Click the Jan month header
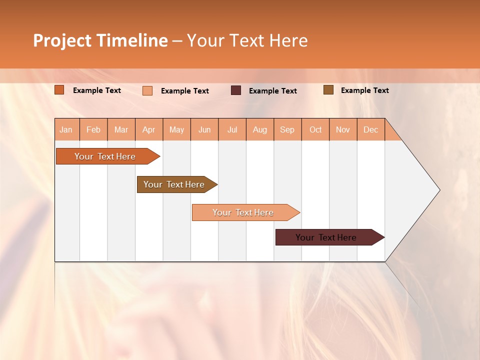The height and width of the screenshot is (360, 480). pos(66,130)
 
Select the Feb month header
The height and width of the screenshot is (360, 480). pos(93,130)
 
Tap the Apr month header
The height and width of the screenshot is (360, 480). pos(149,130)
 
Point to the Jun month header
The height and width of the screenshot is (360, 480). pos(204,130)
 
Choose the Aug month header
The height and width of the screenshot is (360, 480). pos(260,130)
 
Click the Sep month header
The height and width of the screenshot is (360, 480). pos(287,130)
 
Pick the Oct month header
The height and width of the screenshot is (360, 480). pos(315,130)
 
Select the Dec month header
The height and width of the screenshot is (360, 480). pos(371,130)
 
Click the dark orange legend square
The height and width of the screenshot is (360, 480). pos(59,90)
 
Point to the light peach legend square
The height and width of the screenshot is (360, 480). pos(147,90)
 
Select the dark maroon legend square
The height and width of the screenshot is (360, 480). pos(236,90)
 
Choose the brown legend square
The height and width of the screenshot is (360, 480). pos(328,90)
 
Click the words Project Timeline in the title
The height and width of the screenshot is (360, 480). pos(100,40)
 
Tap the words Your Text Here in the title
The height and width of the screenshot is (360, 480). pos(247,40)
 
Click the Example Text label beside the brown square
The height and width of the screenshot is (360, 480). pos(364,90)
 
